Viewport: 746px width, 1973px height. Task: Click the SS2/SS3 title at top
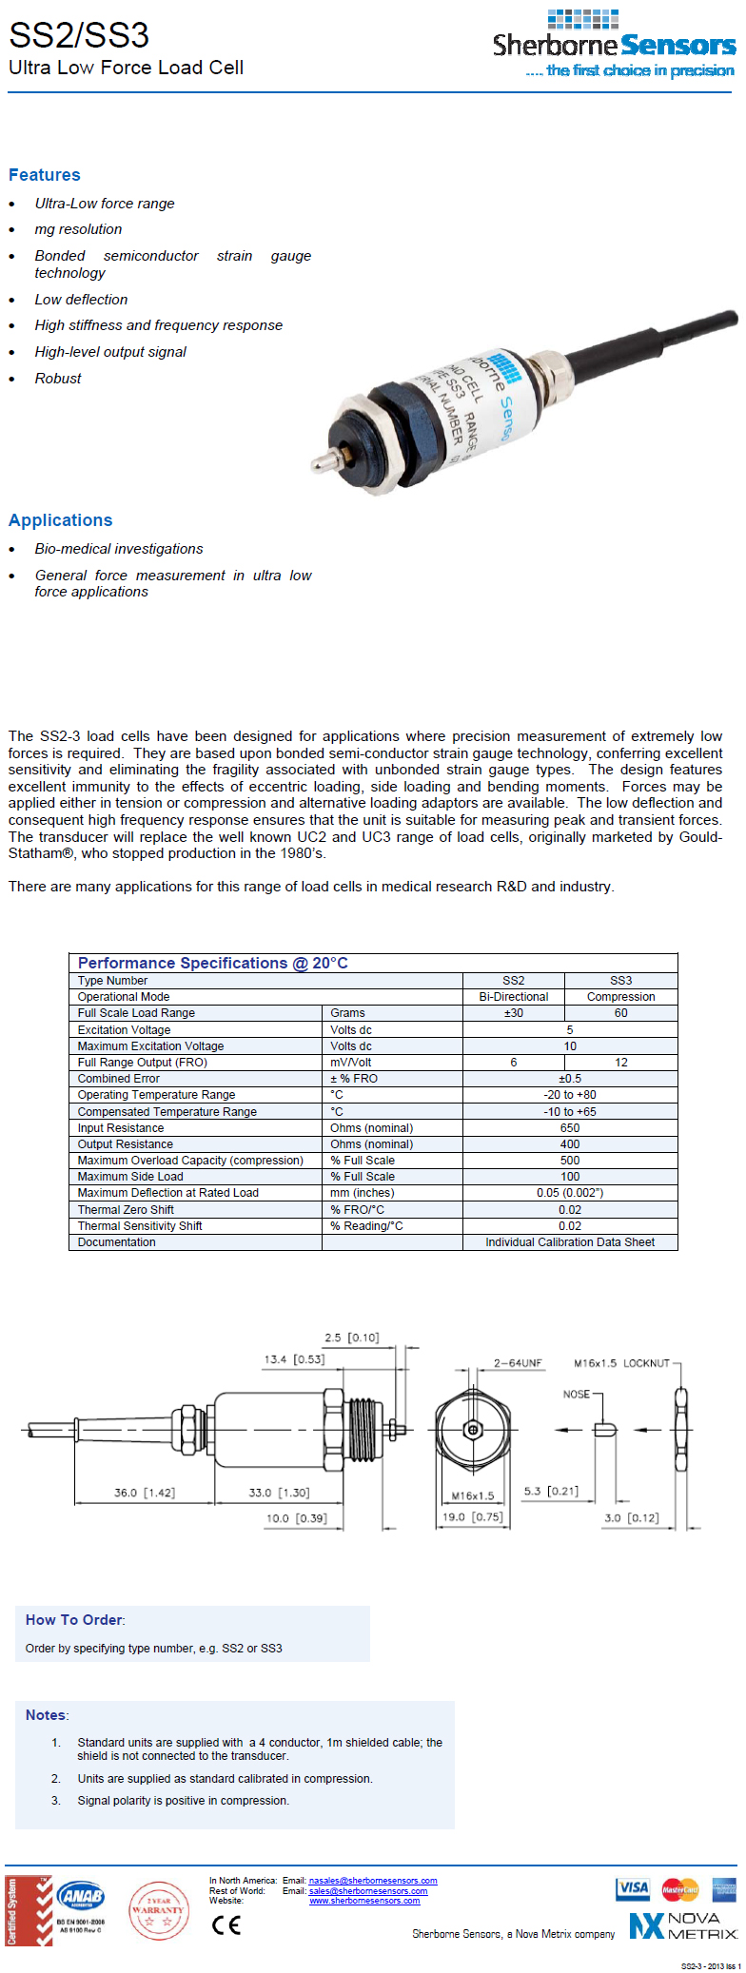[79, 35]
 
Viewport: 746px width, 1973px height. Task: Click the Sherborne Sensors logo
[614, 46]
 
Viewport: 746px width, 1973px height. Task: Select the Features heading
[45, 175]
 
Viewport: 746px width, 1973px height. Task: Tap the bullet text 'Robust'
[58, 379]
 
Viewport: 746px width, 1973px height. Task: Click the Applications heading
[61, 520]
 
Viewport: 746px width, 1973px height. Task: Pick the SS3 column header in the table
[620, 981]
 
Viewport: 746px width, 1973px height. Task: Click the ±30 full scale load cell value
[513, 1013]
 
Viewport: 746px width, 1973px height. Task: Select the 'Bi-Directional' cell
[513, 997]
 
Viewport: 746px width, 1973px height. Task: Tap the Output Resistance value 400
[569, 1144]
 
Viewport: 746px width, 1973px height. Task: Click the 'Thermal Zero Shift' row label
[126, 1210]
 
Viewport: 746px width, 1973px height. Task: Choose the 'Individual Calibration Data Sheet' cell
[569, 1242]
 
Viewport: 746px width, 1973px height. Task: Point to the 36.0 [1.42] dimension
[145, 1493]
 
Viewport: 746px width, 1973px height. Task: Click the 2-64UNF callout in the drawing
[518, 1363]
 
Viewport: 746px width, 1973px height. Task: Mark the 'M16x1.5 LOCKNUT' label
[621, 1363]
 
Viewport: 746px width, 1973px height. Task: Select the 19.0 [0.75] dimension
[472, 1516]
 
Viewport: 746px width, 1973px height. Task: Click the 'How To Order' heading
[75, 1620]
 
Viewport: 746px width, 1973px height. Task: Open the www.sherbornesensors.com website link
[364, 1901]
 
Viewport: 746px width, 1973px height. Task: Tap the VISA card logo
[633, 1888]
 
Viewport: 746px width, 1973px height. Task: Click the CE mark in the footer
[226, 1924]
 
